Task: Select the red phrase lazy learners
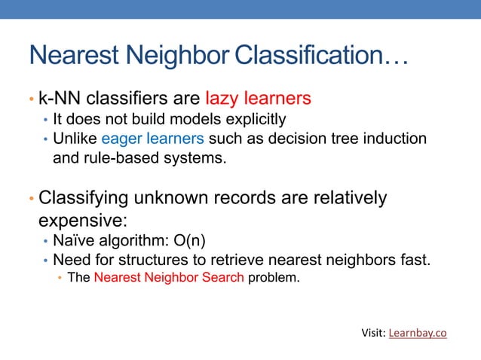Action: coord(258,99)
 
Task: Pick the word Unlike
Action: coord(75,139)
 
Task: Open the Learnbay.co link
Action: coord(418,333)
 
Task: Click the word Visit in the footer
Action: coord(373,333)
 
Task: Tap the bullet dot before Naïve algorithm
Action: coord(46,243)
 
